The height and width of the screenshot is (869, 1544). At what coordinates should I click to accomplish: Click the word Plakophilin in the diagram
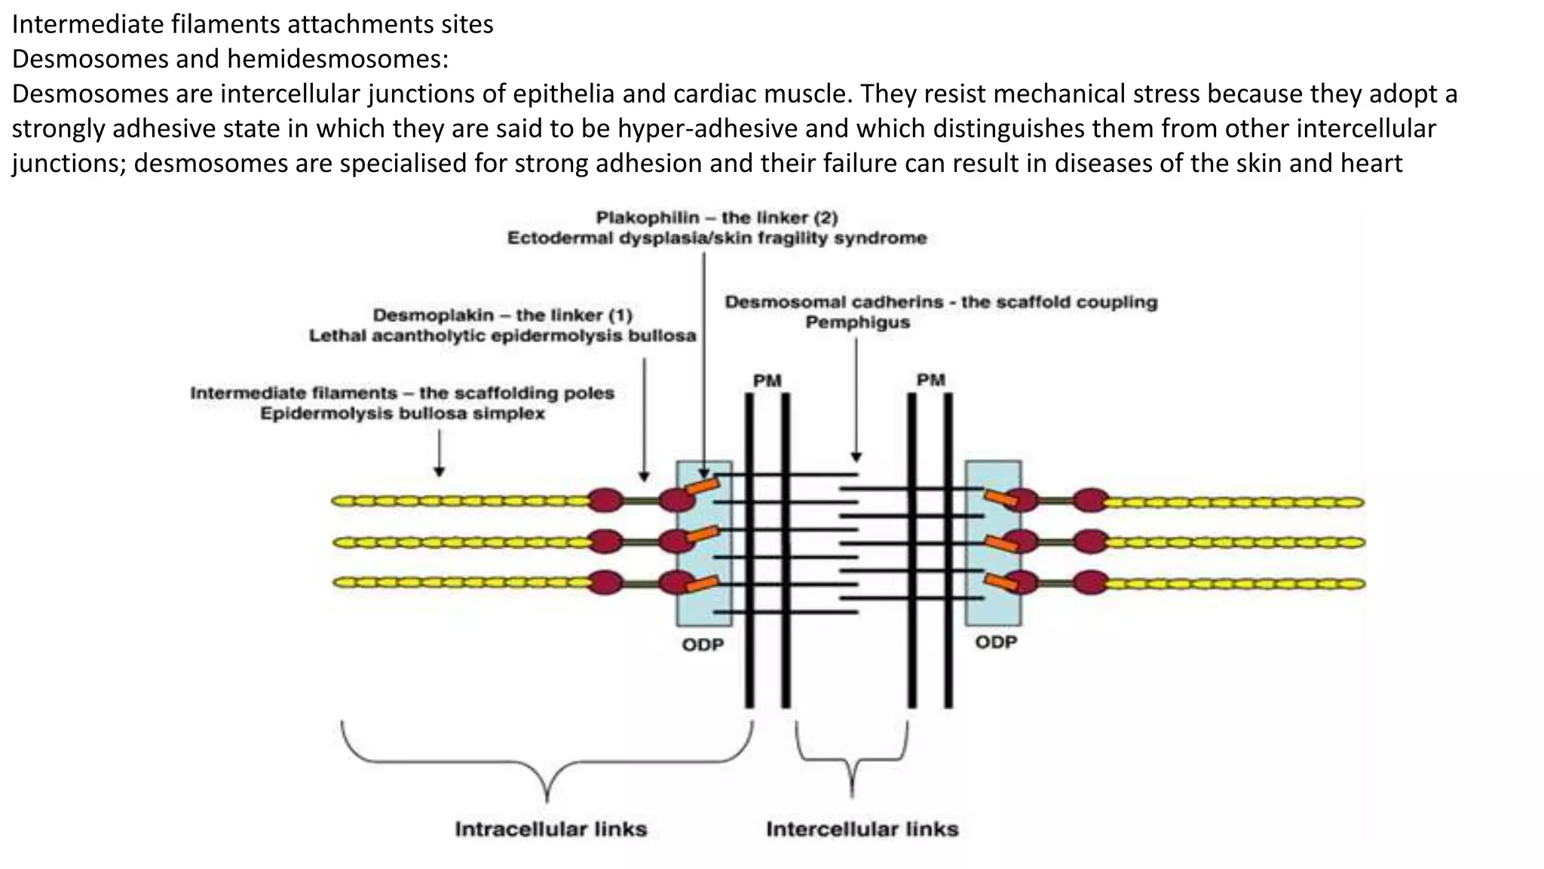[x=647, y=218]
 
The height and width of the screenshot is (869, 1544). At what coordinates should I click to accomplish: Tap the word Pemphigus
[x=857, y=323]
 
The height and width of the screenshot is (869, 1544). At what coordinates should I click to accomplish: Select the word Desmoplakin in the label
[x=433, y=315]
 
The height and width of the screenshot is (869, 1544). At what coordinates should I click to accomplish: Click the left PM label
[x=767, y=380]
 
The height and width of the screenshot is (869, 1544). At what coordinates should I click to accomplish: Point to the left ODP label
[x=703, y=645]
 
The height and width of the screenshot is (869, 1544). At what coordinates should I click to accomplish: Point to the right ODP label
[x=996, y=643]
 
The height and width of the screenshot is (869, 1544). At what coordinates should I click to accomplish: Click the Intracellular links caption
[x=550, y=829]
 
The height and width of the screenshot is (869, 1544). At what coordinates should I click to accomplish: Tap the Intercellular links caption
[x=862, y=829]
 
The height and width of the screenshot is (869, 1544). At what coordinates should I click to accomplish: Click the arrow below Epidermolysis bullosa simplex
[x=440, y=453]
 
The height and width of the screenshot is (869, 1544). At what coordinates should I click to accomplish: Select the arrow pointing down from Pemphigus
[x=856, y=400]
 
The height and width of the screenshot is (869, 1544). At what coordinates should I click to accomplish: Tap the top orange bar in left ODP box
[x=703, y=486]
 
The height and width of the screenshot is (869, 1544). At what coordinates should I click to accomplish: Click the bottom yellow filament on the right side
[x=1236, y=583]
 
